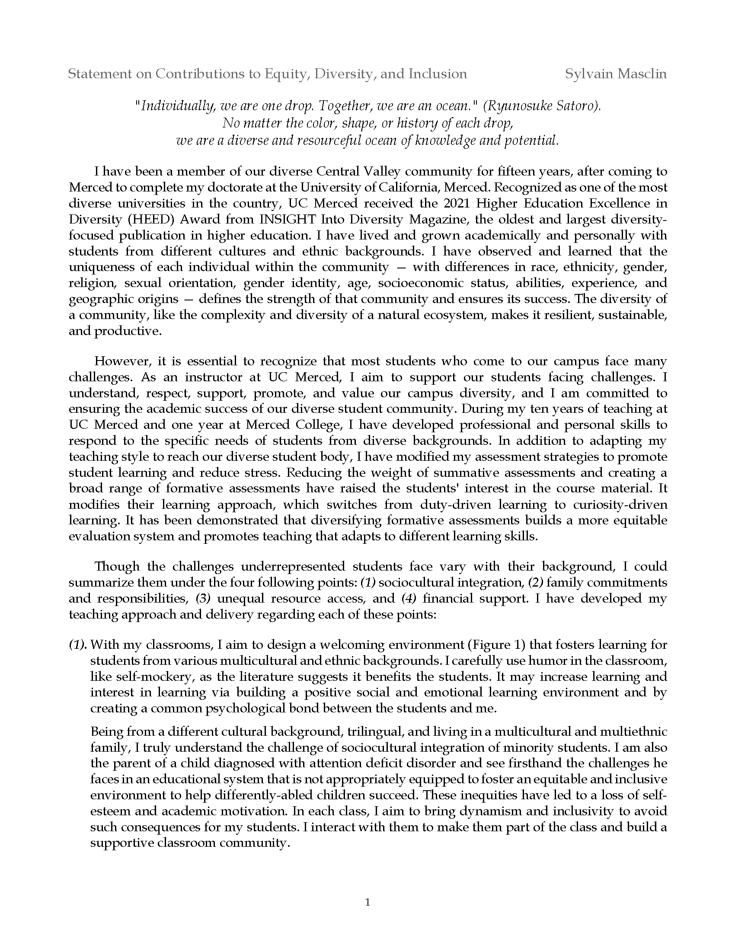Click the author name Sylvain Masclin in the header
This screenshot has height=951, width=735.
(616, 74)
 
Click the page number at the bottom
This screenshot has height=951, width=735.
(367, 903)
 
